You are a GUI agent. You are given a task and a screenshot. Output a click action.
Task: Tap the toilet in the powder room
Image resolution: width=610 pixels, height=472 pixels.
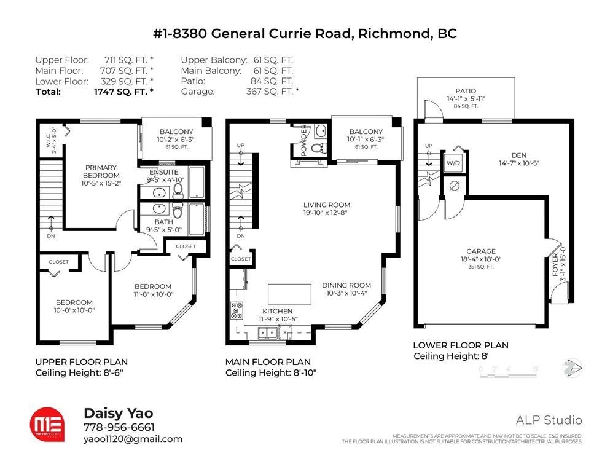(x=318, y=148)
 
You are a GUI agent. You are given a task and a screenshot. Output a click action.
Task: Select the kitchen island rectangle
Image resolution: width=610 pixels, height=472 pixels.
(x=289, y=294)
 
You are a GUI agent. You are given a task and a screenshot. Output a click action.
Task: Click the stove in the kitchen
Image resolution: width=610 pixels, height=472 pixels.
(x=237, y=311)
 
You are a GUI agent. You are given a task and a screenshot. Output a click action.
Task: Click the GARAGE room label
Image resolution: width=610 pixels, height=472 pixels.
(x=481, y=251)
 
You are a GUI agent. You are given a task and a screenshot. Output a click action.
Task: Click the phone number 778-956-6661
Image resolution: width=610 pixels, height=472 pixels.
(x=119, y=427)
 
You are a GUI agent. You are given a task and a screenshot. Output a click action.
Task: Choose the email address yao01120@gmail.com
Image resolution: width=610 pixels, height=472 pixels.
(x=132, y=439)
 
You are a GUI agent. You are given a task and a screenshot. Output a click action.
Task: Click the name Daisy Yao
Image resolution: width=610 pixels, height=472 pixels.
(x=118, y=414)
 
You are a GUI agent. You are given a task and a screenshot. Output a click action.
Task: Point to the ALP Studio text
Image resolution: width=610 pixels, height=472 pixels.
(x=549, y=420)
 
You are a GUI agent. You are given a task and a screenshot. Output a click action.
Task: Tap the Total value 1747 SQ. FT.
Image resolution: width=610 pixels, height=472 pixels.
(x=123, y=92)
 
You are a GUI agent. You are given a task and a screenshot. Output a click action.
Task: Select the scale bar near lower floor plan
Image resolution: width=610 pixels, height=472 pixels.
(x=509, y=369)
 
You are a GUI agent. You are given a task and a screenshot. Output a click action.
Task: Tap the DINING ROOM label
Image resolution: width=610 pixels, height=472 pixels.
(x=346, y=285)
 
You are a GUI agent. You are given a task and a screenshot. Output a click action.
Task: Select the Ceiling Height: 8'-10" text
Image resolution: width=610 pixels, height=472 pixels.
(x=271, y=373)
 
